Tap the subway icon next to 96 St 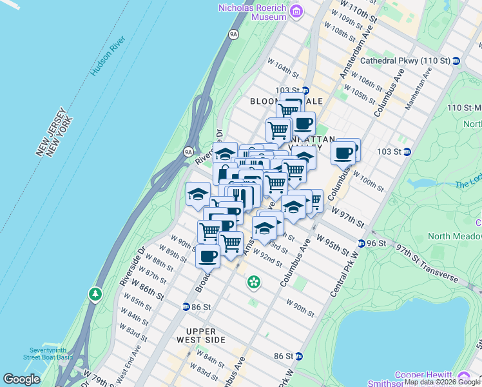point(362,243)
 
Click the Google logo point(22,379)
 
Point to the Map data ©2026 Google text point(442,382)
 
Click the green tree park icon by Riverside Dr point(95,295)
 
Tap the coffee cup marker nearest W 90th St point(207,256)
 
